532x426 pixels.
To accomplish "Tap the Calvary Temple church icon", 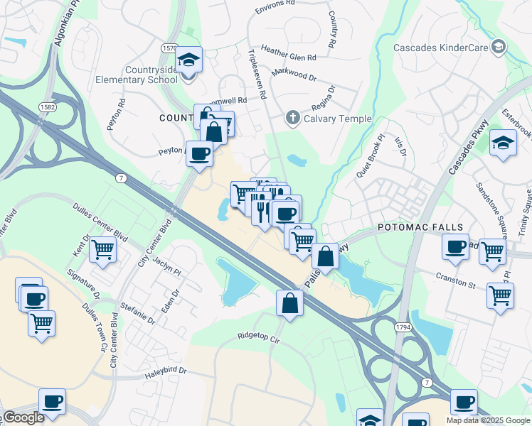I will [x=292, y=118].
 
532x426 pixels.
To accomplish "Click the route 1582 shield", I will [x=48, y=106].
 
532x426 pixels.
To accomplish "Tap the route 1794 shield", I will [x=403, y=327].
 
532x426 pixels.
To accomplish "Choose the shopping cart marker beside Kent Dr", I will [x=102, y=251].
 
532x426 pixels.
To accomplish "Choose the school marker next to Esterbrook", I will [x=503, y=144].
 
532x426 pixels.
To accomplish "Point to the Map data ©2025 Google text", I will [x=488, y=420].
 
